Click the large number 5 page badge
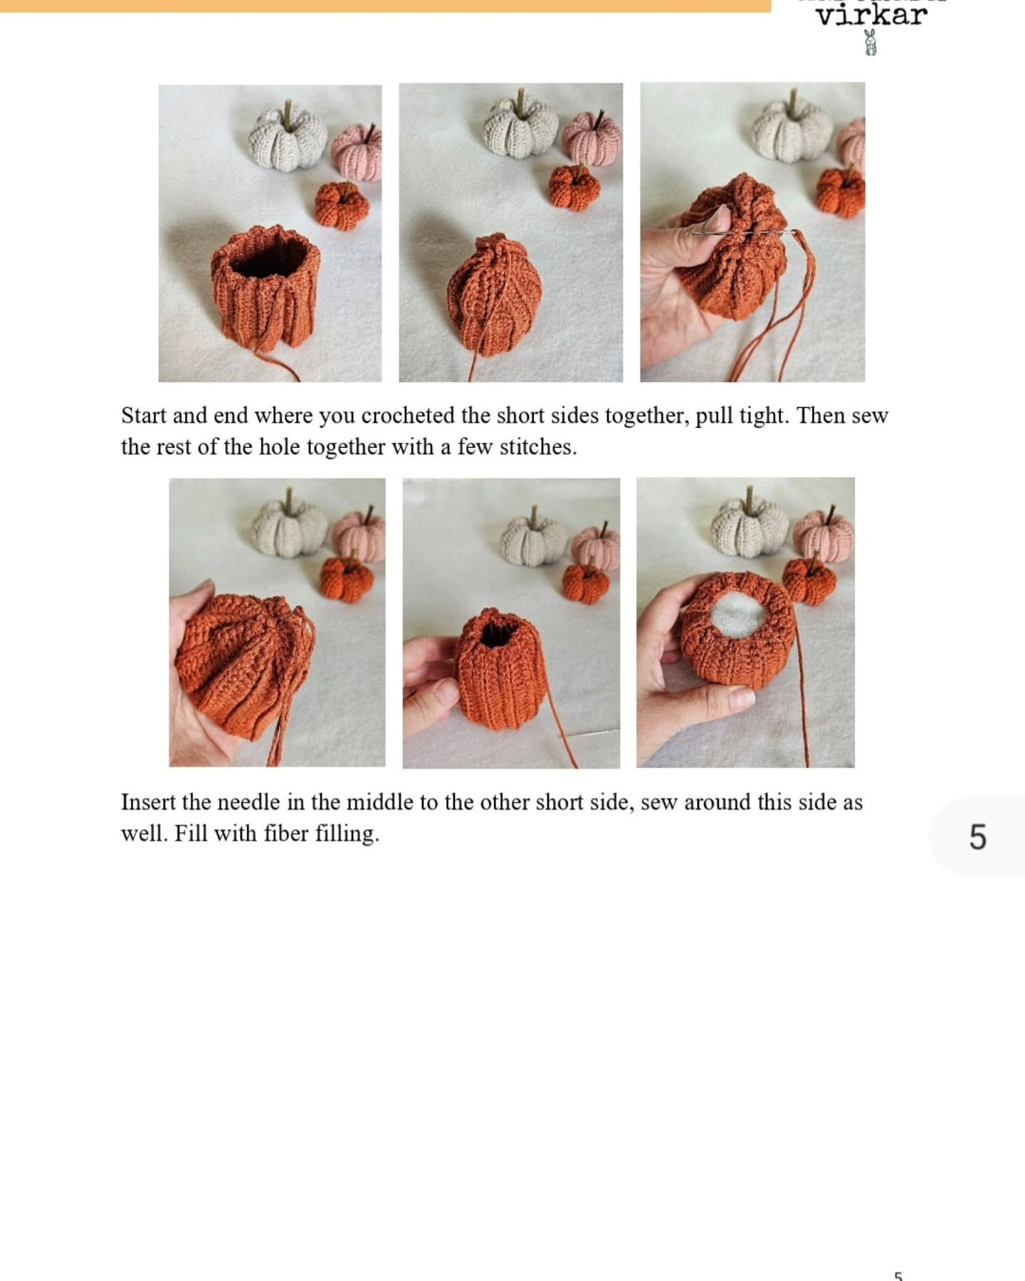[977, 836]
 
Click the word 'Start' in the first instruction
[144, 416]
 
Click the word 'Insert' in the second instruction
[147, 802]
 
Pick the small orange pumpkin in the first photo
[342, 205]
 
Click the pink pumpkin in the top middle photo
[592, 139]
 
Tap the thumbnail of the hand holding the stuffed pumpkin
[745, 623]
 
